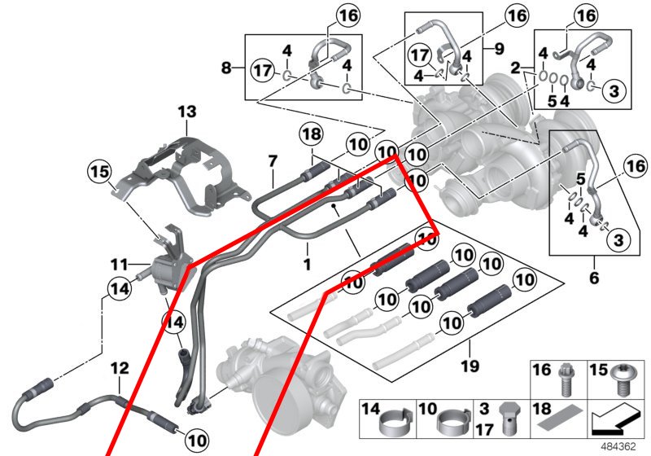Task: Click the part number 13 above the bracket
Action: [188, 112]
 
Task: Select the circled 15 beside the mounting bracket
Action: [99, 173]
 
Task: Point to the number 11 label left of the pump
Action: [120, 265]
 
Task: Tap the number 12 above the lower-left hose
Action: [120, 369]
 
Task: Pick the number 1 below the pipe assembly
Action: [307, 265]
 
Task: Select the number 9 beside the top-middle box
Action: [499, 47]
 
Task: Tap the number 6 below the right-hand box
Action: [593, 278]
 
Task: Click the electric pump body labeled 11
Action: [165, 266]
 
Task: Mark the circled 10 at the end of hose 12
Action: [195, 440]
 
